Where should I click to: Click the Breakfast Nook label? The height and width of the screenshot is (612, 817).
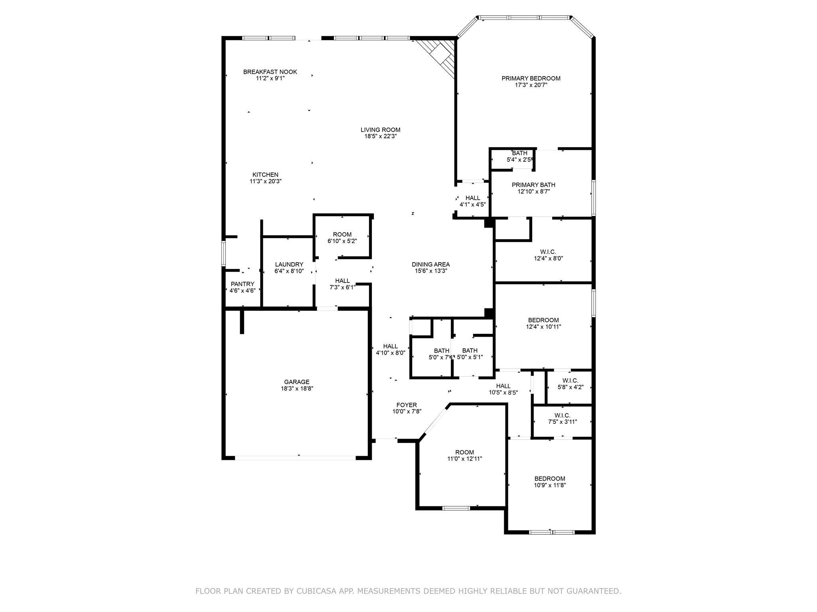270,72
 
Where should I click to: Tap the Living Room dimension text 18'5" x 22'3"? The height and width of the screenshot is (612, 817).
380,136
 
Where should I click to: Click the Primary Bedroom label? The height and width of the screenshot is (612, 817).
531,78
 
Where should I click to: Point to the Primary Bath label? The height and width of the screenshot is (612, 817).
533,185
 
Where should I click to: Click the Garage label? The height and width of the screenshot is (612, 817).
296,382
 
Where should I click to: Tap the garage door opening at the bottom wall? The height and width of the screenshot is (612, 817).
295,458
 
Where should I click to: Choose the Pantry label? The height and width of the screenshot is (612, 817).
242,284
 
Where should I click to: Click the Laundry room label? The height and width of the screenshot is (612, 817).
289,265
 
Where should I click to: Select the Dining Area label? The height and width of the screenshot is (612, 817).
430,265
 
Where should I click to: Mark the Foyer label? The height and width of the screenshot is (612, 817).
407,405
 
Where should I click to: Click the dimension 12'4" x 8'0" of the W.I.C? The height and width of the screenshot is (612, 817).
548,258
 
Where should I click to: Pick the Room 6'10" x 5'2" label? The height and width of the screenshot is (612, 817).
342,235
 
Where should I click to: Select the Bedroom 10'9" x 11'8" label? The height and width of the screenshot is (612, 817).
550,479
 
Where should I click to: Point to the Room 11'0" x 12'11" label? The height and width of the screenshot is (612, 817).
464,452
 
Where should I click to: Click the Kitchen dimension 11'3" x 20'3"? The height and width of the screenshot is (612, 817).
265,181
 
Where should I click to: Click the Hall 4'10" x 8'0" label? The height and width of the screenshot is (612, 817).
390,346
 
